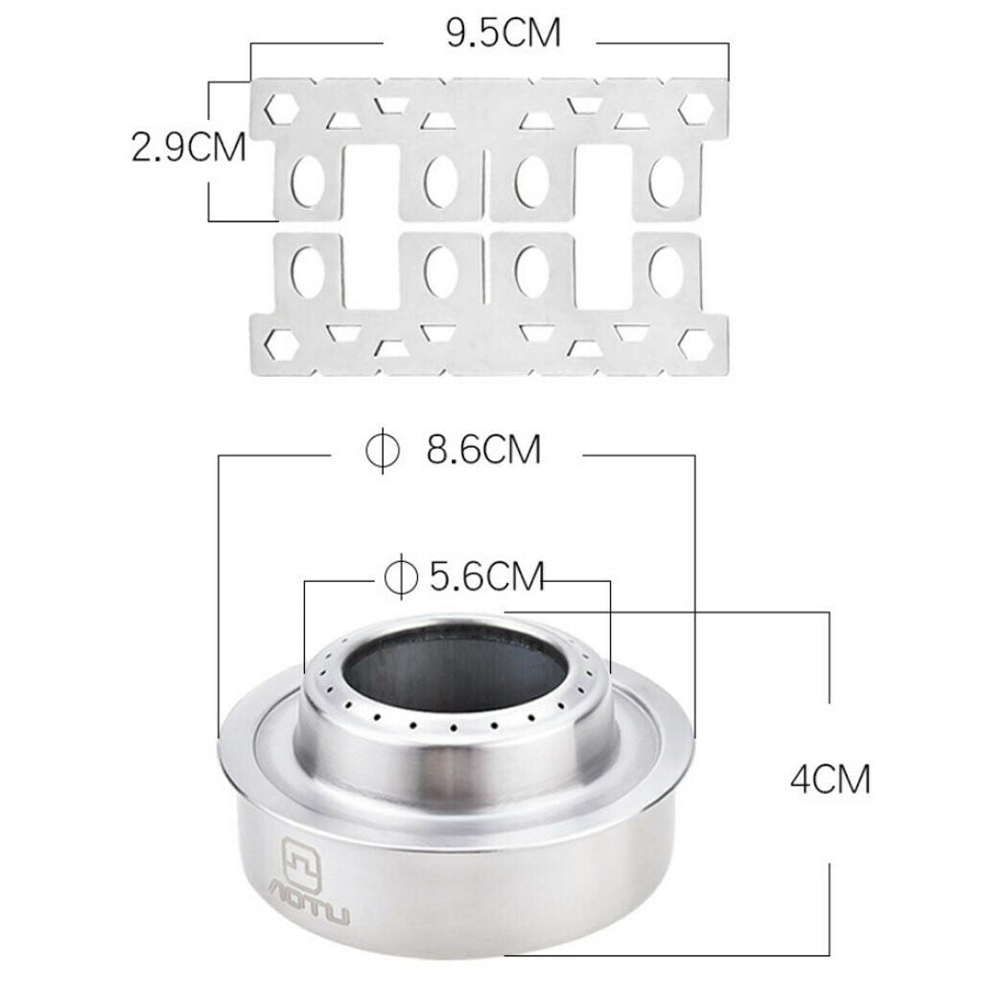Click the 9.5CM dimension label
pyautogui.click(x=503, y=34)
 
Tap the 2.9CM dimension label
pyautogui.click(x=189, y=149)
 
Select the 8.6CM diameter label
pyautogui.click(x=483, y=449)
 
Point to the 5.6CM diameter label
pyautogui.click(x=486, y=576)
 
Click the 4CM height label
pyautogui.click(x=830, y=780)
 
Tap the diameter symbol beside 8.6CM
pyautogui.click(x=383, y=450)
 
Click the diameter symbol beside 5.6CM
pyautogui.click(x=401, y=576)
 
